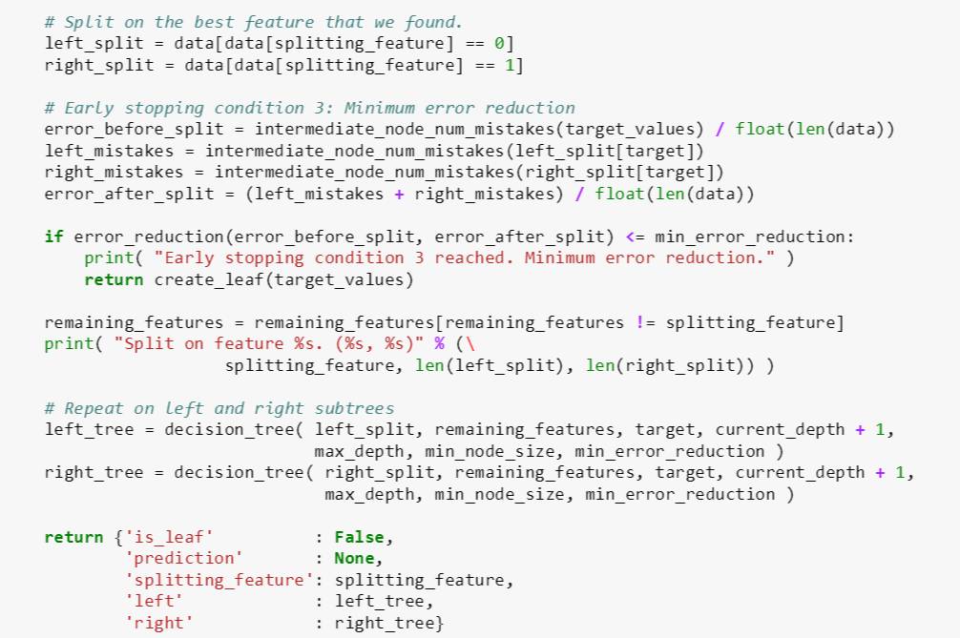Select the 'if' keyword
point(53,237)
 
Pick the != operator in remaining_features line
point(644,322)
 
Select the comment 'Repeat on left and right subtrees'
point(219,408)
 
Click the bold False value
point(359,537)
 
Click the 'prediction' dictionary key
point(183,558)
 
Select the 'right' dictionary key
point(158,623)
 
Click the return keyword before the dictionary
point(74,537)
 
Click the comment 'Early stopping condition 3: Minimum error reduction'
point(310,108)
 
